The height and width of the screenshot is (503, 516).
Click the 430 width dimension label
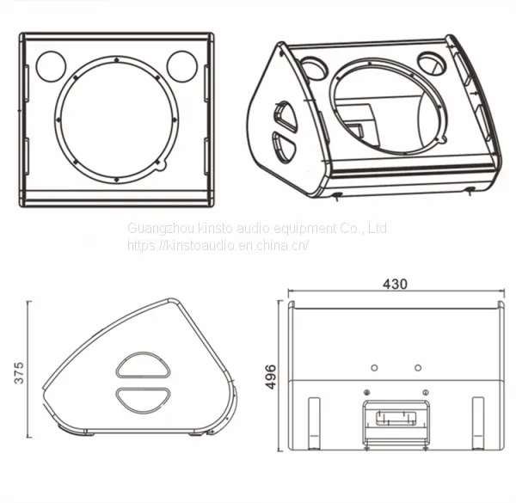395,284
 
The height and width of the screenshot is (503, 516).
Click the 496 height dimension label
271,377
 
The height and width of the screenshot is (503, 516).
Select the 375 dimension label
19,372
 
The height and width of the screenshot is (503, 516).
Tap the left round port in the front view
51,66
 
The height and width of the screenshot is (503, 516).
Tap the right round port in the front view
182,66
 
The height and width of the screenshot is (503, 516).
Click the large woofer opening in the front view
116,120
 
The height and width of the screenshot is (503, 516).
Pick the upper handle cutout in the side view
143,365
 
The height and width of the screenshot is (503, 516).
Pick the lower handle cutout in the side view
143,400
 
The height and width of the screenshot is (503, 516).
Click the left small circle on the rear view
374,367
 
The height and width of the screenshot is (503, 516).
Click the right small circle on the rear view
418,367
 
